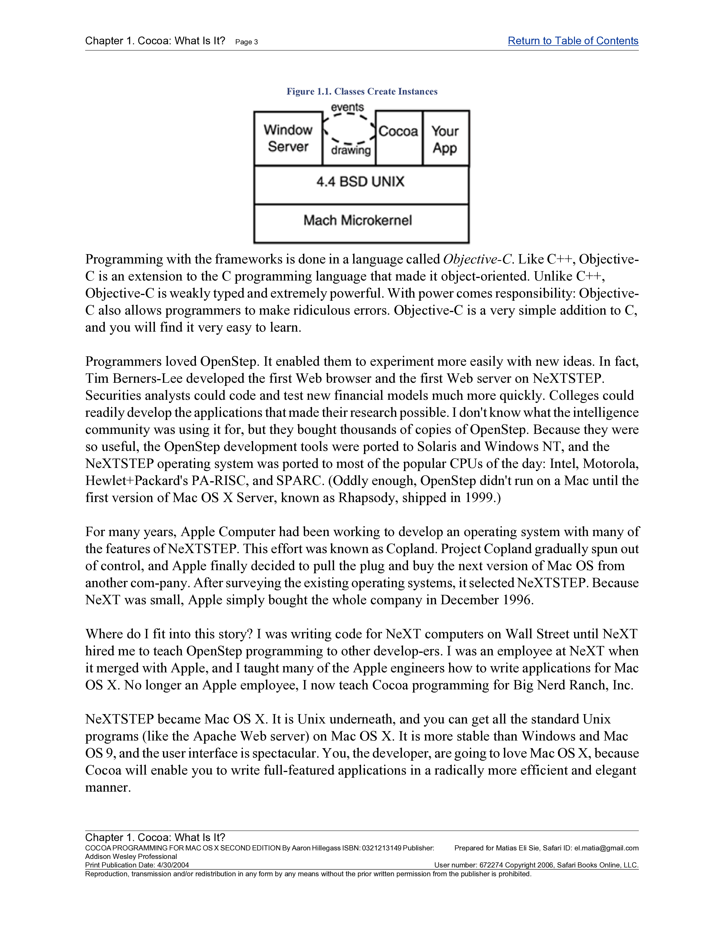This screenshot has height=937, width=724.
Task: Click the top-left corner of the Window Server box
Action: pyautogui.click(x=254, y=112)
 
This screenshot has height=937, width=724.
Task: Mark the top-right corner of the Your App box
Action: pyautogui.click(x=469, y=111)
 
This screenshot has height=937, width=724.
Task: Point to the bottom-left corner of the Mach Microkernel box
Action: pyautogui.click(x=254, y=243)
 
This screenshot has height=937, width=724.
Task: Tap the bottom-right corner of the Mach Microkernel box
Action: pyautogui.click(x=469, y=243)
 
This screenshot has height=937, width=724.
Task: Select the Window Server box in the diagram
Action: pyautogui.click(x=288, y=138)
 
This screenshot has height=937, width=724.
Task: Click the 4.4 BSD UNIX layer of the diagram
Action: pyautogui.click(x=361, y=185)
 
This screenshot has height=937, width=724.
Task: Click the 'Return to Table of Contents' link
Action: pyautogui.click(x=573, y=41)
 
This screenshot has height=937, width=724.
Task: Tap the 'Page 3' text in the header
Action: pyautogui.click(x=247, y=42)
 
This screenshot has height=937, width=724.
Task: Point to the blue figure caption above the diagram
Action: pyautogui.click(x=362, y=91)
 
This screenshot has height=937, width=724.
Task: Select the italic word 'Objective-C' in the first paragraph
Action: pyautogui.click(x=477, y=259)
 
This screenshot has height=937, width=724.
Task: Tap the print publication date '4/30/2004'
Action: pyautogui.click(x=173, y=865)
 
